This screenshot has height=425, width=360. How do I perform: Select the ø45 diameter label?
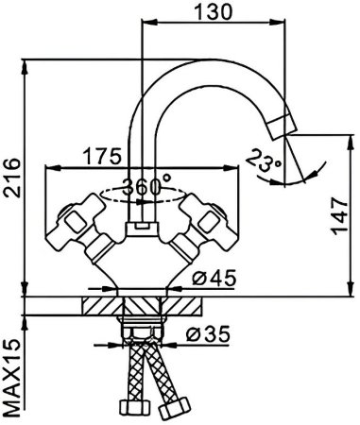pos(210,280)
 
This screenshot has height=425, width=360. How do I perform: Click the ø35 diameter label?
pos(209,335)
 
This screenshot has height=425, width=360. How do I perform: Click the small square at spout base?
pos(143,227)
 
